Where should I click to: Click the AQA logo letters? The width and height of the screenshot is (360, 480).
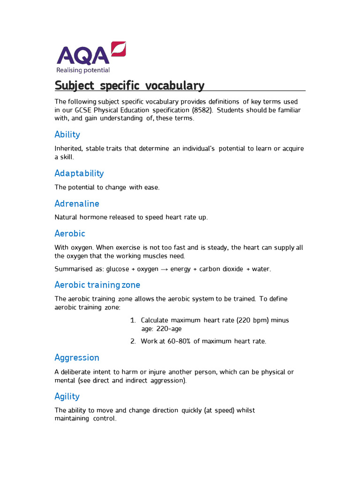[82, 55]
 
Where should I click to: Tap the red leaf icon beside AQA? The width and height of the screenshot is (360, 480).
[118, 49]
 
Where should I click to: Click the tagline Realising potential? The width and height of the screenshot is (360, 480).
[83, 70]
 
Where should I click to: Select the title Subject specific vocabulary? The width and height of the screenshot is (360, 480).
[129, 86]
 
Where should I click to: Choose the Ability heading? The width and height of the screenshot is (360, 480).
[67, 135]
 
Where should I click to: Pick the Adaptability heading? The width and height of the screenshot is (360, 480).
[79, 173]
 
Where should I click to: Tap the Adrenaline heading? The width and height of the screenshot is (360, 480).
[77, 204]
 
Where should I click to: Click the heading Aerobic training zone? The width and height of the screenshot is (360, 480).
[97, 285]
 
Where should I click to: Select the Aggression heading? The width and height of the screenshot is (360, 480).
[77, 358]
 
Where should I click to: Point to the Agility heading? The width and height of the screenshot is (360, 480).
[67, 397]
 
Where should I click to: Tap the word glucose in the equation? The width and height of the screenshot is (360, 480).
[117, 269]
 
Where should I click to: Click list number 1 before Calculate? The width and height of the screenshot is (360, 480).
[133, 320]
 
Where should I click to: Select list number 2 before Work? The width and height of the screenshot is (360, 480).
[133, 341]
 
